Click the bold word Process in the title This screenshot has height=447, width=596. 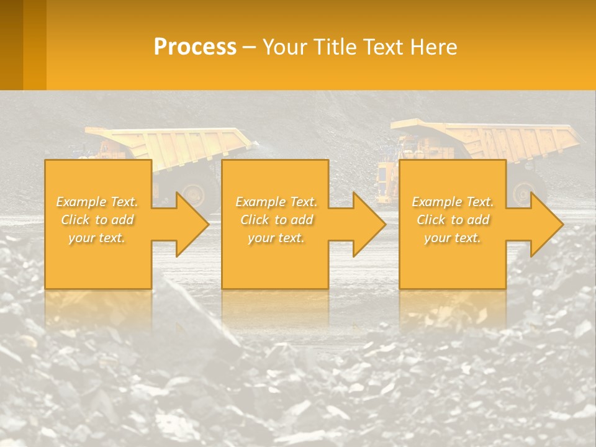pos(195,47)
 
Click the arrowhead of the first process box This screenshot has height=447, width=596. pos(192,224)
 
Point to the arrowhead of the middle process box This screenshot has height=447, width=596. pos(369,224)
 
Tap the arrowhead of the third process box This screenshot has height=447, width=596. pos(547,224)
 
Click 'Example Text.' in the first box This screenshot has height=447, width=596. pos(97,202)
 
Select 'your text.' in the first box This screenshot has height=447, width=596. pos(97,238)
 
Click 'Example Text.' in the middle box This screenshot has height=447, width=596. pos(276,202)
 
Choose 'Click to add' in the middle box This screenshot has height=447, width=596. pos(276,220)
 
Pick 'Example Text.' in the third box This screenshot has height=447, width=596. pos(453,202)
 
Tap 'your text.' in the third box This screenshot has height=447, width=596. pos(453,238)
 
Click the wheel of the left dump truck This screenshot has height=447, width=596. pos(194,194)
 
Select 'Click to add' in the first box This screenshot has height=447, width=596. pos(97,220)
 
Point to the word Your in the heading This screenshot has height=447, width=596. pos(284,47)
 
